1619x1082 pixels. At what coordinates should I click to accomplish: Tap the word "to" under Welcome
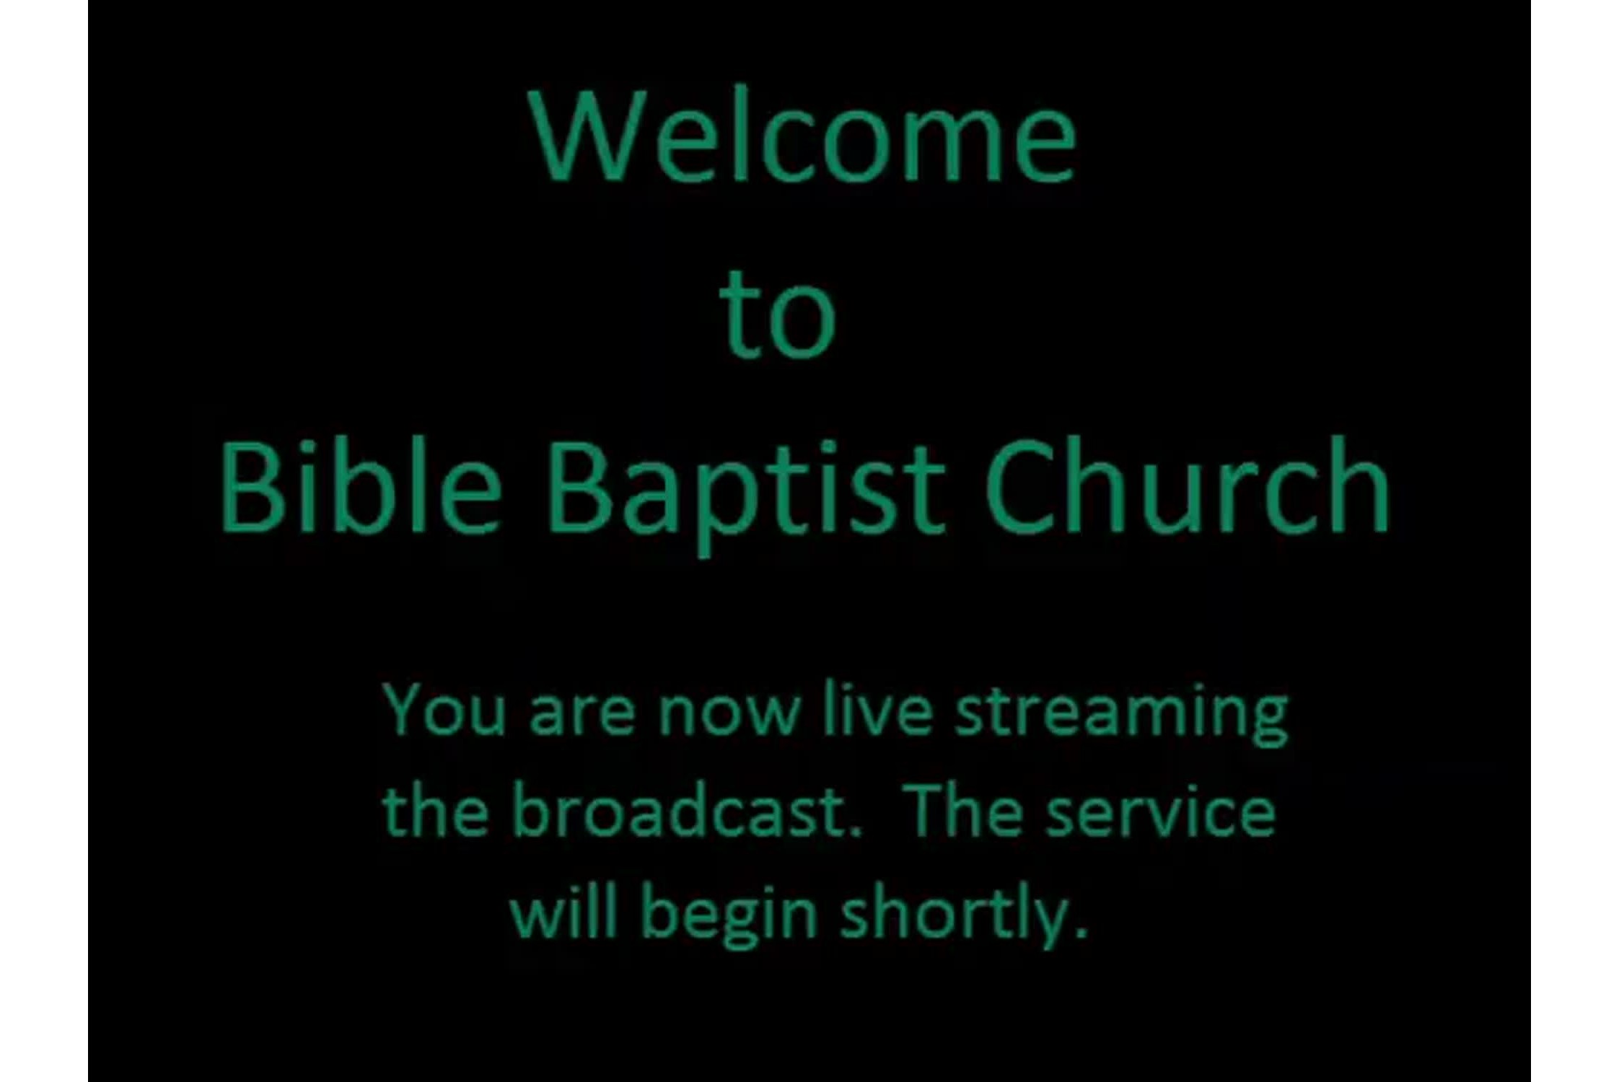[x=778, y=315]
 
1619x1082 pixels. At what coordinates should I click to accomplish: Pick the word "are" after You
[x=582, y=716]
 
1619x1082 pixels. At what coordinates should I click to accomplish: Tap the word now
[x=729, y=716]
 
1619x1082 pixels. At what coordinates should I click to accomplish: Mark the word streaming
[x=1122, y=716]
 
